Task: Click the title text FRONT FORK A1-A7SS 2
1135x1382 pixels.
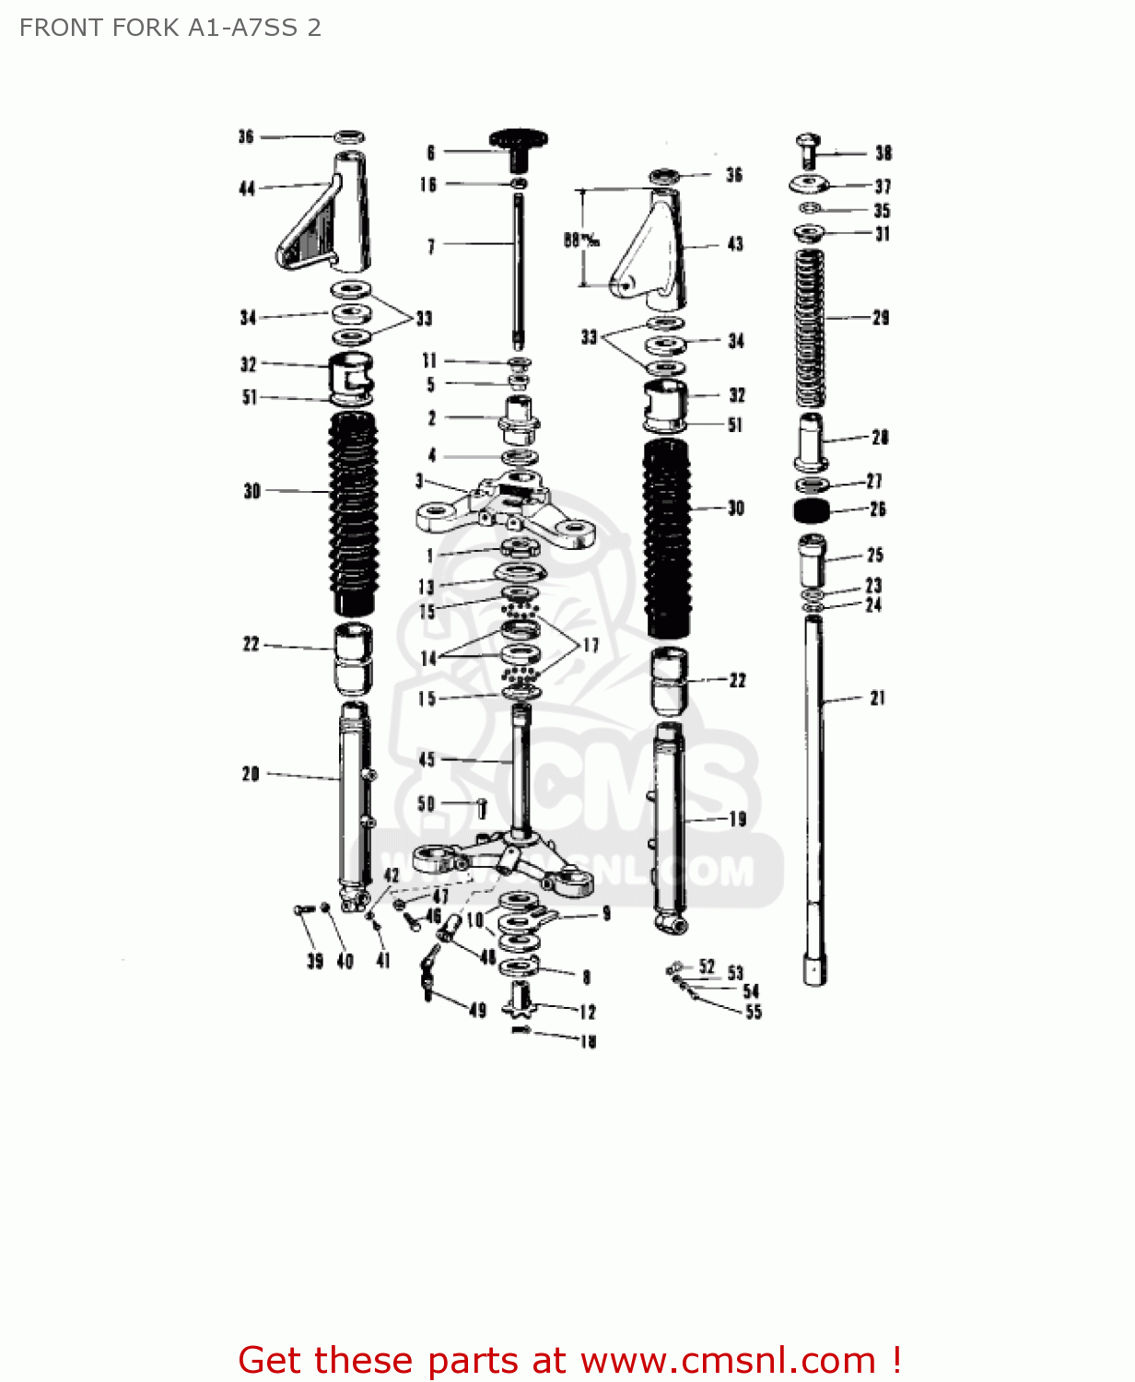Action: tap(170, 28)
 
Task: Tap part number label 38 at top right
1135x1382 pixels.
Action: tap(883, 153)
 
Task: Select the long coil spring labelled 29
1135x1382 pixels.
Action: tap(810, 327)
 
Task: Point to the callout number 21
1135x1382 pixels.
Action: tap(877, 698)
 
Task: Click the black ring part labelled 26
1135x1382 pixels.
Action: tap(811, 510)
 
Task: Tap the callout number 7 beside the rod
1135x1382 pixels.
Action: tap(431, 246)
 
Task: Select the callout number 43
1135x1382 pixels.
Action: tap(734, 244)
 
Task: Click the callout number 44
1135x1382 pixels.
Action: tap(247, 189)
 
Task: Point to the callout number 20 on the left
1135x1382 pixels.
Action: tap(251, 774)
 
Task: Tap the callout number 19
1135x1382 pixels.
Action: tap(737, 819)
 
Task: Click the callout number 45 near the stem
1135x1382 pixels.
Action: tap(427, 759)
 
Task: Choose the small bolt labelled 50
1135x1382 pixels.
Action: tap(481, 808)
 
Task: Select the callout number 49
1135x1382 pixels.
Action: tap(477, 1010)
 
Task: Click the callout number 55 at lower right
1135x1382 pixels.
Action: tap(754, 1012)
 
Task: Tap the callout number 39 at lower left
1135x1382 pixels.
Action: tap(315, 961)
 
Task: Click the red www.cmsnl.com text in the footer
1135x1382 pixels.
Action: tap(728, 1360)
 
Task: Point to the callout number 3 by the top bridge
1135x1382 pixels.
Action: tap(420, 481)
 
